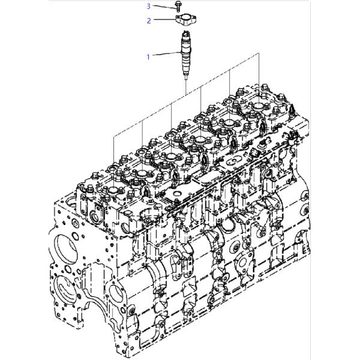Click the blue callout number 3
pos(149,6)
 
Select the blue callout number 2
pos(149,20)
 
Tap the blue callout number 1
pos(148,57)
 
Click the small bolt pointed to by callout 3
pos(177,6)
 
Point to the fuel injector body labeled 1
pos(185,53)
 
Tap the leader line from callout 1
pos(166,54)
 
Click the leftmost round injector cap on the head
pos(113,190)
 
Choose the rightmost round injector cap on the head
pos(259,106)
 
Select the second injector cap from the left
pos(142,173)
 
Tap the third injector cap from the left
pos(172,156)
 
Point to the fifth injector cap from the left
pos(230,122)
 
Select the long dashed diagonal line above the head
pos(186,95)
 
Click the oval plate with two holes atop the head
pos(233,161)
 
